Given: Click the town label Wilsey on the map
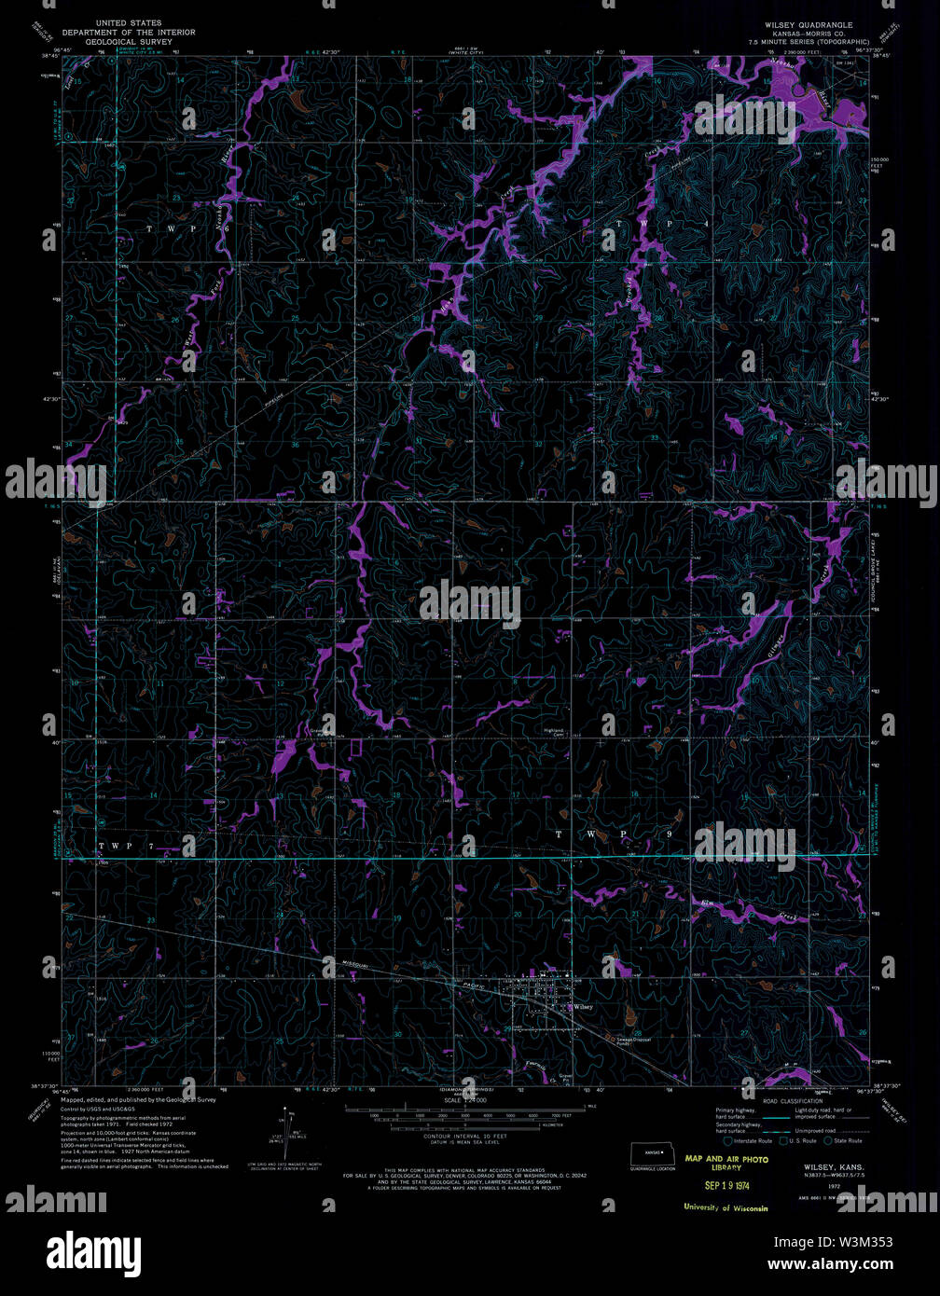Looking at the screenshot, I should (584, 1007).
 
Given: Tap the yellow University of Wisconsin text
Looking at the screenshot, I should (726, 1208).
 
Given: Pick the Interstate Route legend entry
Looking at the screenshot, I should (751, 1140).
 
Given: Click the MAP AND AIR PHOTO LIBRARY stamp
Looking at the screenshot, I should (726, 1163).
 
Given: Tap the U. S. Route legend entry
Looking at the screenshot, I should (801, 1140).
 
